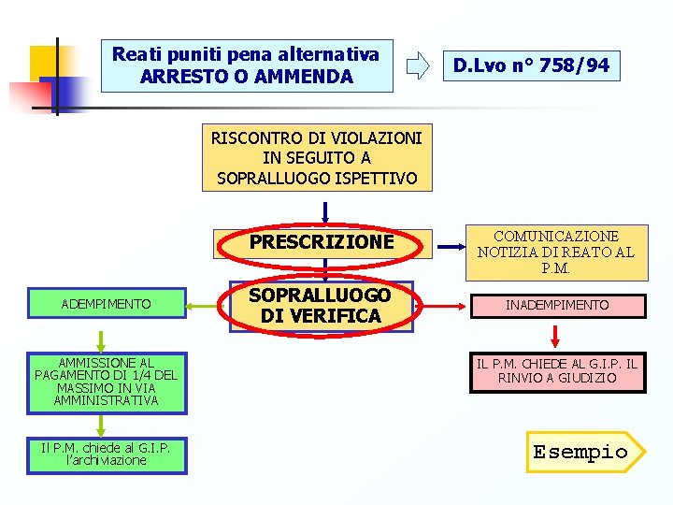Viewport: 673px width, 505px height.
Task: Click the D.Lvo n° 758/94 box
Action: [x=531, y=65]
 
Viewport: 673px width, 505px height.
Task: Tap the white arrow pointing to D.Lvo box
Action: [x=418, y=65]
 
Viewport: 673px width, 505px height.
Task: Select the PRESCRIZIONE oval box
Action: [x=322, y=242]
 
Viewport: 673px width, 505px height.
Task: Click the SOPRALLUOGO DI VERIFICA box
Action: [x=322, y=305]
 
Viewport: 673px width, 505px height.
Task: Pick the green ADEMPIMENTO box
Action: [x=106, y=304]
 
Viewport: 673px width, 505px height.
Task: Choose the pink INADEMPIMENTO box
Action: [x=557, y=305]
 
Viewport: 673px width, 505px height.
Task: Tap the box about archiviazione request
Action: [x=107, y=454]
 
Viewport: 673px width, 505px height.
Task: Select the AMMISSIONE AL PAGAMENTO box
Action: [x=107, y=382]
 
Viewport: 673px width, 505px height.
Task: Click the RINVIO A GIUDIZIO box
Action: [x=557, y=371]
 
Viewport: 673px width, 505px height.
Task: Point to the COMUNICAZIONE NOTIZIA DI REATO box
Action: [x=557, y=252]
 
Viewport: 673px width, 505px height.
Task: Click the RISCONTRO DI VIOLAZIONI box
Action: [x=317, y=158]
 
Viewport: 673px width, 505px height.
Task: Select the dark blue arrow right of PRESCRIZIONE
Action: [x=452, y=248]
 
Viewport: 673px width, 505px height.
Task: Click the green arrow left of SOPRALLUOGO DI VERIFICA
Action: [x=205, y=304]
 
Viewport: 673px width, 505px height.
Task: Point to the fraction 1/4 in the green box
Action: [x=135, y=375]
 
